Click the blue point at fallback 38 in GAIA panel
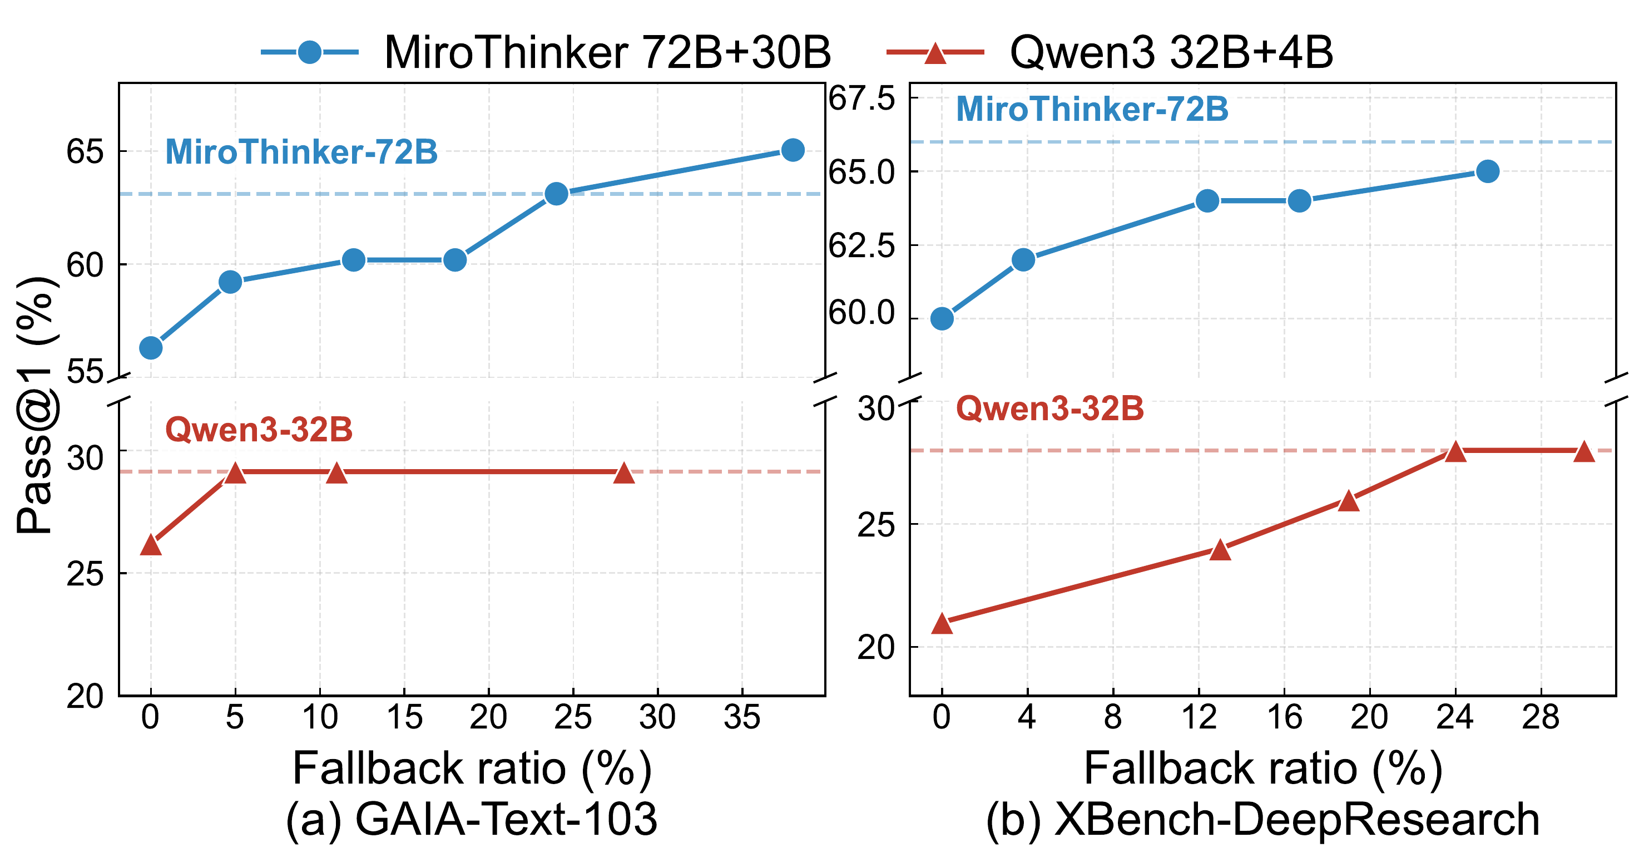tap(793, 150)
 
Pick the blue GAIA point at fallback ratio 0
tap(151, 348)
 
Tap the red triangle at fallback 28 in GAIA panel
tap(623, 473)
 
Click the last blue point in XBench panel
tap(1488, 171)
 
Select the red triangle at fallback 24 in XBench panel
tap(1455, 451)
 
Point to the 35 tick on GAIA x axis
tap(741, 718)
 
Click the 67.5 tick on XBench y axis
tap(861, 99)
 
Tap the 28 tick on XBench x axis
tap(1541, 718)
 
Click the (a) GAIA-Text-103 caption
tap(472, 819)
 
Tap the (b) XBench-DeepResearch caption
tap(1262, 819)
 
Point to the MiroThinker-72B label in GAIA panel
tap(301, 152)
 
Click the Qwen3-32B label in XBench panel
tap(1050, 408)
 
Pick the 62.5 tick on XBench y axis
tap(861, 246)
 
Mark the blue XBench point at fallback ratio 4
tap(1023, 260)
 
